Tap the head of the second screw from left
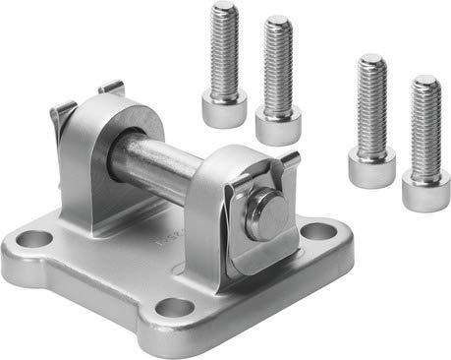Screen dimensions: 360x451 277,126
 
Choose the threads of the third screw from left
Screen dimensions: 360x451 371,103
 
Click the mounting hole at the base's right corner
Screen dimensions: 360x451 317,233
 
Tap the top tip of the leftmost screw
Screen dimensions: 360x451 225,9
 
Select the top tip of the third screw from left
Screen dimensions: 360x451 371,60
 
